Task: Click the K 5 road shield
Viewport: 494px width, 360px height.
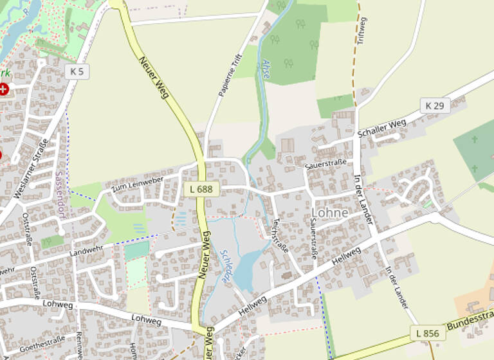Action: click(x=76, y=71)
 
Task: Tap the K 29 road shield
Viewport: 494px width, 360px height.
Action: click(x=435, y=105)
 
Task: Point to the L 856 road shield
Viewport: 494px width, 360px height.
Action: click(x=427, y=333)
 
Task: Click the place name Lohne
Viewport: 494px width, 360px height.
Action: click(x=329, y=212)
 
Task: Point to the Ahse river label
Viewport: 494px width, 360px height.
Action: click(x=266, y=69)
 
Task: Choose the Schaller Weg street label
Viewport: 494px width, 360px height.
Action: click(x=381, y=127)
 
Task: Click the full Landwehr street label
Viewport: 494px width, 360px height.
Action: click(x=86, y=253)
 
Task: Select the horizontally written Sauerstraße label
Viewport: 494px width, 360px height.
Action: click(x=326, y=163)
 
